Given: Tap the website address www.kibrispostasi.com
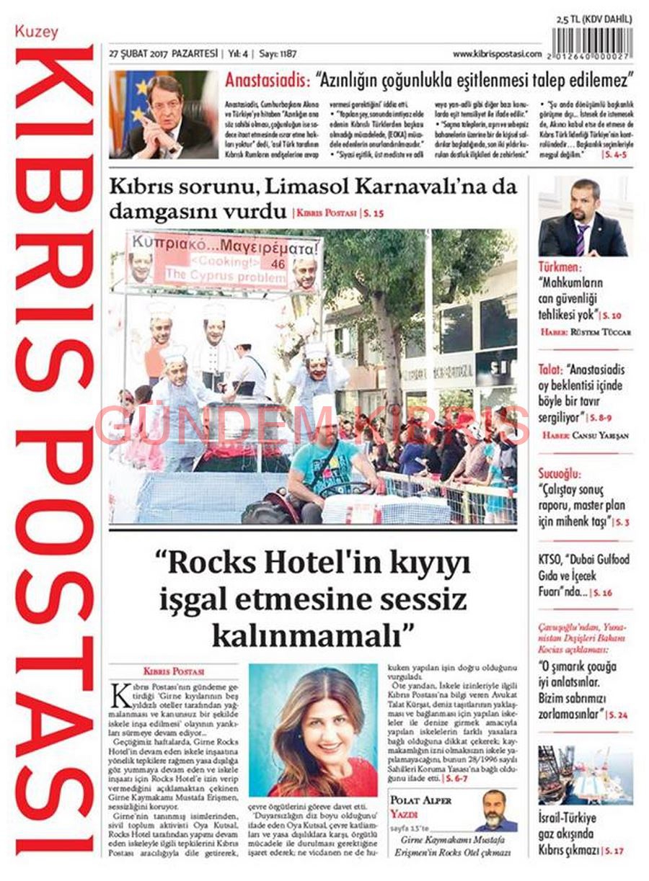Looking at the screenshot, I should pyautogui.click(x=497, y=54).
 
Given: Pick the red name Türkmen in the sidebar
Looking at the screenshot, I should pyautogui.click(x=560, y=267).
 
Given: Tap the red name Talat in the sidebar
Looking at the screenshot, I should pyautogui.click(x=551, y=370).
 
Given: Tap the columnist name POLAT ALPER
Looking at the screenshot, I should pyautogui.click(x=421, y=800).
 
